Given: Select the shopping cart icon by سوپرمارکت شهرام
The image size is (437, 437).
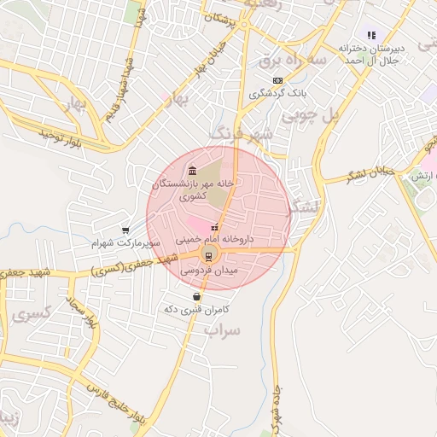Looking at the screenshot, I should (x=125, y=230).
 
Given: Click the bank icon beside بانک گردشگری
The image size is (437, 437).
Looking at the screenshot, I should (x=277, y=79).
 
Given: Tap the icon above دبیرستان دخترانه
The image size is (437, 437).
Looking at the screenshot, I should (x=371, y=35).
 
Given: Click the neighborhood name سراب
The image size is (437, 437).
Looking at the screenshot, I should (x=224, y=329).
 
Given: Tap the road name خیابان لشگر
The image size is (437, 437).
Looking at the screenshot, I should (x=370, y=173).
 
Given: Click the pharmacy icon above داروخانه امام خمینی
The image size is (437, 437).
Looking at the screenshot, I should (x=214, y=228).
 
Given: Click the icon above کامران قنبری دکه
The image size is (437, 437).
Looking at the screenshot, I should (x=197, y=296).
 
